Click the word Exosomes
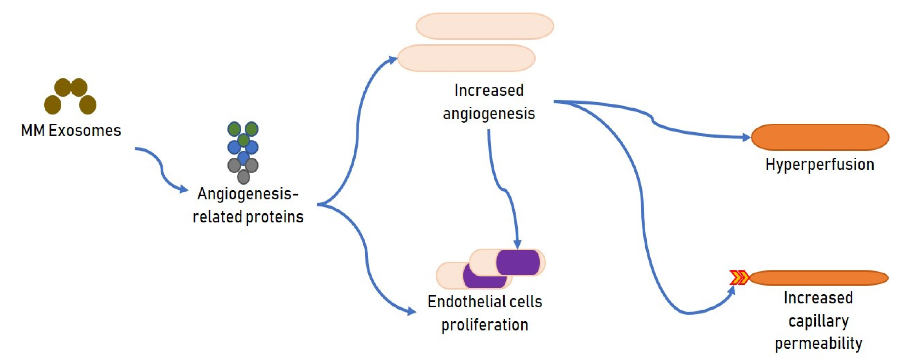click(x=84, y=131)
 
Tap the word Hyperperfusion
click(x=820, y=164)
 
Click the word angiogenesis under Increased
click(x=489, y=114)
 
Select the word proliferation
click(x=485, y=324)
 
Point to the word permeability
click(x=819, y=343)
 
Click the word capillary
click(x=819, y=321)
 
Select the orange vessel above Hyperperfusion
click(x=820, y=137)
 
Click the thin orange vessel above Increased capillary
click(x=820, y=278)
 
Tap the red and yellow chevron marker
click(x=739, y=278)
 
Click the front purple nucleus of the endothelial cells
click(x=518, y=263)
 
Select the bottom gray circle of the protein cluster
click(x=243, y=176)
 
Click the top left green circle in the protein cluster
click(x=234, y=129)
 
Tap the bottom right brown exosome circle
click(x=87, y=104)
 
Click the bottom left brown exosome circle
click(x=52, y=104)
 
